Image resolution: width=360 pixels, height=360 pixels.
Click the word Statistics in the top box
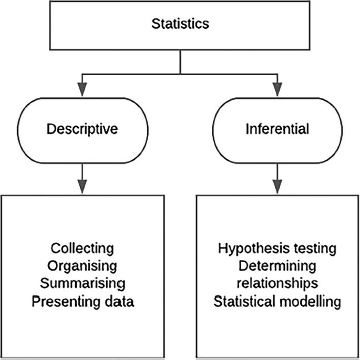[180, 24]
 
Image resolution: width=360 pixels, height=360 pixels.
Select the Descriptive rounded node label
[81, 129]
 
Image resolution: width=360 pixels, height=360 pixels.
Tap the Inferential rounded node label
[277, 129]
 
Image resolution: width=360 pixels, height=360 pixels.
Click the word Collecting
[82, 248]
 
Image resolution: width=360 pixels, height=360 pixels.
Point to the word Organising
[82, 265]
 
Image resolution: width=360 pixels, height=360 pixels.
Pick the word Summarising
[82, 283]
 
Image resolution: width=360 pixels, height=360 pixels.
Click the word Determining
[276, 265]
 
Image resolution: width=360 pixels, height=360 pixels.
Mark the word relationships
[276, 283]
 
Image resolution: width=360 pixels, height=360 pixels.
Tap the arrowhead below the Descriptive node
[81, 184]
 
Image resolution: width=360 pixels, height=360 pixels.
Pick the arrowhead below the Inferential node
[277, 184]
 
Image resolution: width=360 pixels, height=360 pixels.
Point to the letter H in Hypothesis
[222, 248]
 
